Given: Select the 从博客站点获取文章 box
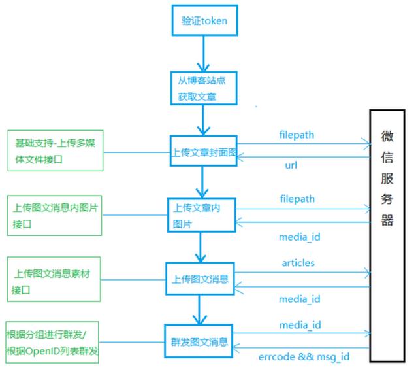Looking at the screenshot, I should (202, 87).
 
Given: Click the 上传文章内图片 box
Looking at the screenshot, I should (201, 215).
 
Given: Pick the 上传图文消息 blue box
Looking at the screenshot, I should (201, 280).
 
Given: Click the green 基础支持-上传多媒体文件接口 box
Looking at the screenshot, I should (56, 151).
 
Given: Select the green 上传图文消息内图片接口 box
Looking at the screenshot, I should (56, 216).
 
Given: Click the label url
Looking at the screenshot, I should (291, 165).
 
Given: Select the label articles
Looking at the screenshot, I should (298, 262).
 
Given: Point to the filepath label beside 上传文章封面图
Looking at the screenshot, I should (297, 135).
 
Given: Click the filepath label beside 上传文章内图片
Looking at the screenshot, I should (297, 198).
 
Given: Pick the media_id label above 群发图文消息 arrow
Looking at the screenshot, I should (300, 325).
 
